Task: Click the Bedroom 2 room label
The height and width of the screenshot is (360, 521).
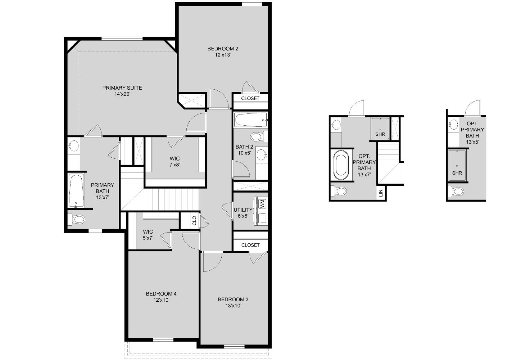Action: point(223,49)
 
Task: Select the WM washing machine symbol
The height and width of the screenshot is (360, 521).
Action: point(262,204)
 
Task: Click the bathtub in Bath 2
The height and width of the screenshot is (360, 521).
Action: point(250,120)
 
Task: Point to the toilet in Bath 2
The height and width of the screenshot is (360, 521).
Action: point(258,136)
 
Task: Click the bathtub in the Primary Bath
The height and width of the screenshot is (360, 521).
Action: point(76,190)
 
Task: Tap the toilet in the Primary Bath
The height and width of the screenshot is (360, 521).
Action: point(77,219)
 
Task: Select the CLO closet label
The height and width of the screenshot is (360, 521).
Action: point(194,220)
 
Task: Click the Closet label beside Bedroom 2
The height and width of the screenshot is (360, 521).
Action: point(250,98)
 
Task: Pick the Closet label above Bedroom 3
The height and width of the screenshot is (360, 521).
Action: point(250,245)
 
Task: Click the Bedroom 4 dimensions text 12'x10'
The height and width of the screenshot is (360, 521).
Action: point(161,300)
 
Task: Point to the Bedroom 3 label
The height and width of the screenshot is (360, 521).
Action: point(233,300)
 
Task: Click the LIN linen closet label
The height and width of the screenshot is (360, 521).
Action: point(381,194)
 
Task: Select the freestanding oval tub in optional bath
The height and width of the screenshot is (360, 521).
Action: point(341,165)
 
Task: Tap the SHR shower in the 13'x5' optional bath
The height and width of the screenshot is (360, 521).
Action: point(457,166)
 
